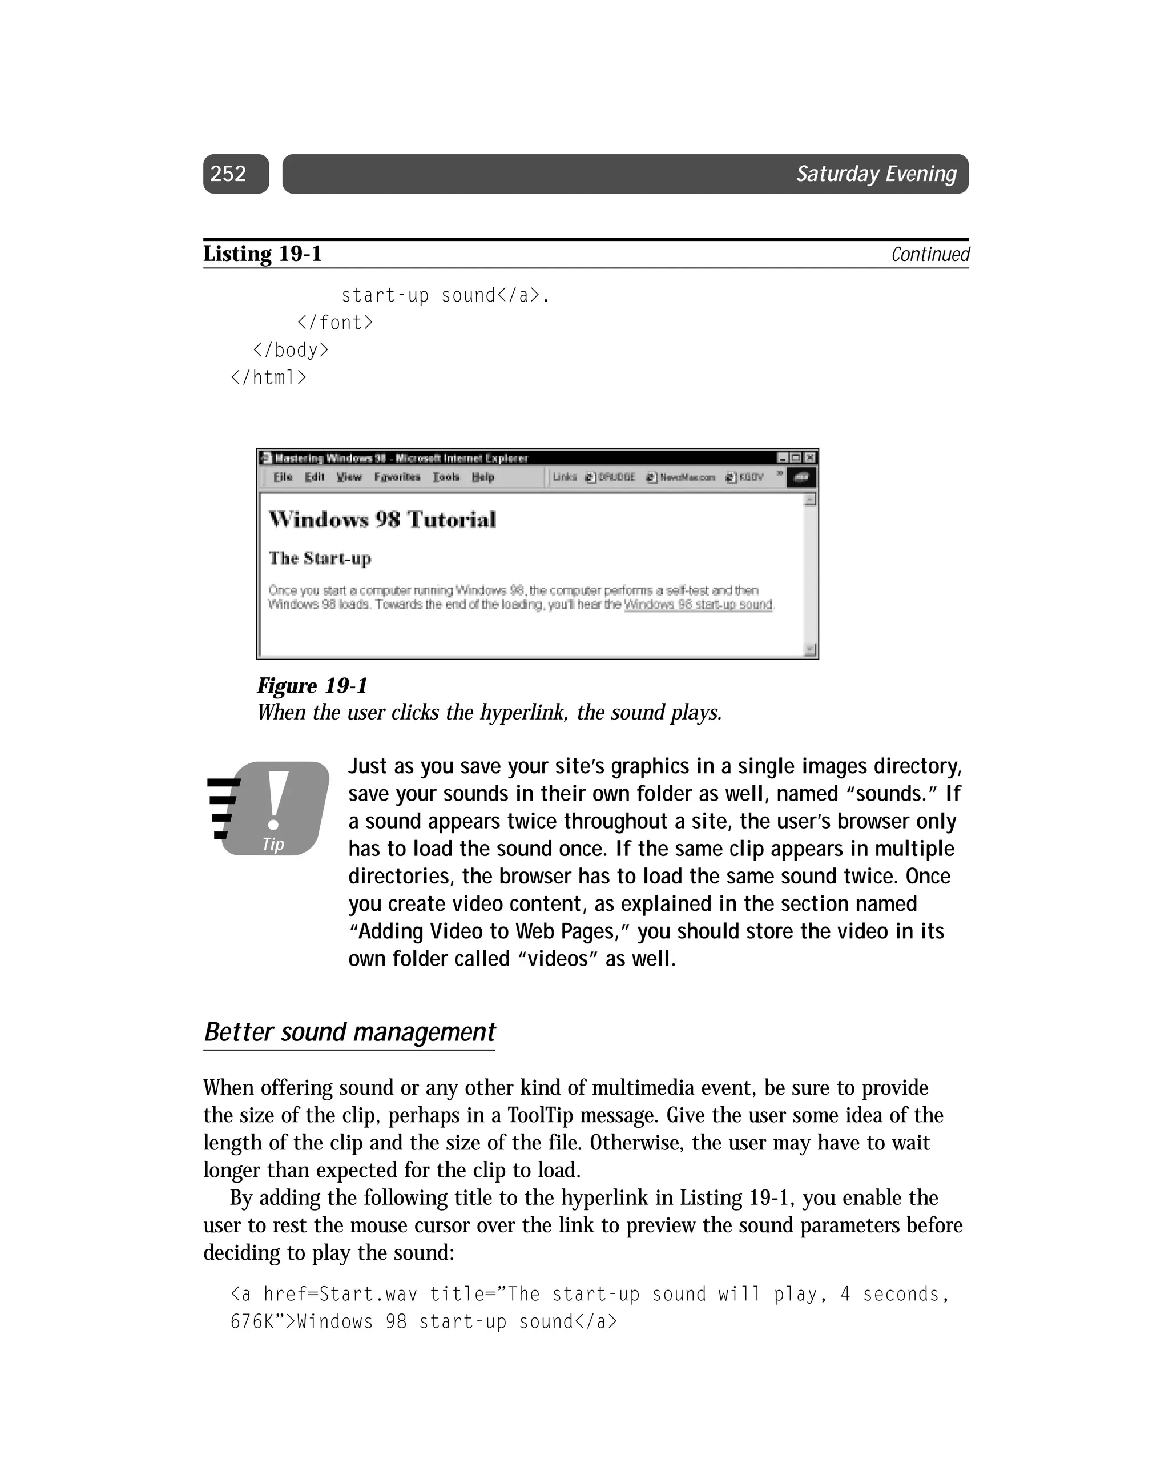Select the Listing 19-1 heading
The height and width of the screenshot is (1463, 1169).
[263, 254]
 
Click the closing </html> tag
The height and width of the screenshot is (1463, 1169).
[269, 377]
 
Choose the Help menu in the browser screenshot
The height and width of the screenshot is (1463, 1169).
[482, 477]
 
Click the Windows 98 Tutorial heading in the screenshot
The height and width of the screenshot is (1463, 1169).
[382, 520]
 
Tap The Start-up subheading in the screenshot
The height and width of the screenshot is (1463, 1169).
[320, 558]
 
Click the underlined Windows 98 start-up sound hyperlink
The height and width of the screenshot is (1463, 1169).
[698, 604]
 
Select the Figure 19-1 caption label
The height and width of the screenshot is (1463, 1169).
[312, 685]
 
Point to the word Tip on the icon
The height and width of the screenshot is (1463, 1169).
[273, 844]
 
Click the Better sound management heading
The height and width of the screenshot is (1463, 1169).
[349, 1032]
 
